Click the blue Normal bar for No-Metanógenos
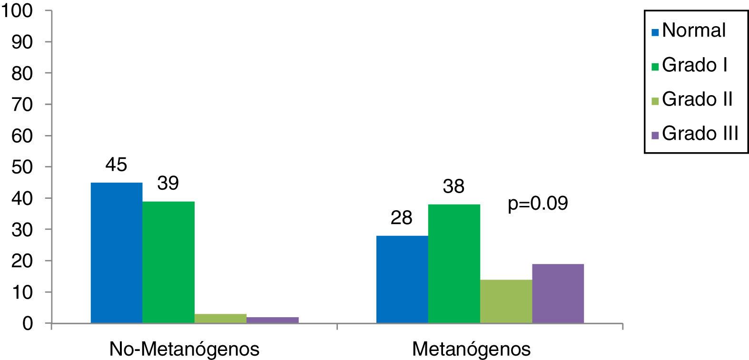[x=117, y=253]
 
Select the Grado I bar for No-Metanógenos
[x=168, y=262]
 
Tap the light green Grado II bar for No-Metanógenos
[x=220, y=319]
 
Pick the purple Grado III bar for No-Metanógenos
[x=273, y=320]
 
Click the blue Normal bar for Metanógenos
[x=402, y=279]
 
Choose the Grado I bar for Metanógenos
[x=454, y=263]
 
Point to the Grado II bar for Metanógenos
[x=506, y=301]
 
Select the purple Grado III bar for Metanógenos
[x=558, y=293]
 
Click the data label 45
[x=117, y=165]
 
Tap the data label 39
[x=168, y=183]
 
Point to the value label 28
[x=402, y=218]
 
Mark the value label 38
[x=453, y=186]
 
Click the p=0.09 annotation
[x=538, y=204]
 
